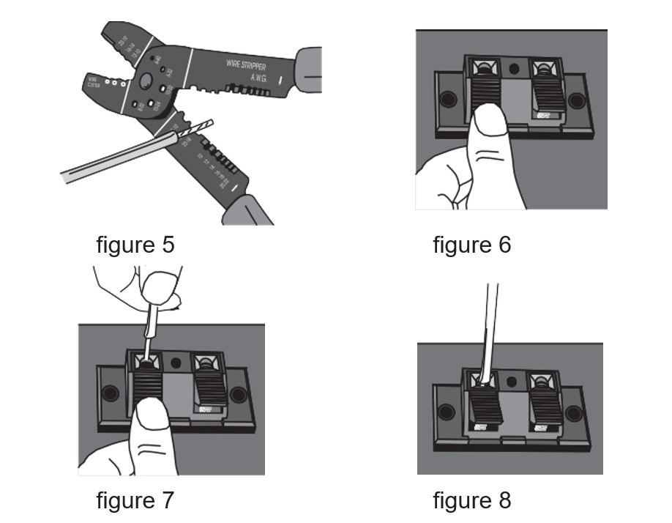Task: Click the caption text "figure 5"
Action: pos(135,244)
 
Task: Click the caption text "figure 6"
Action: pos(471,244)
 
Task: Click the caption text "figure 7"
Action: pos(135,500)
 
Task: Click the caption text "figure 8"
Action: pos(471,500)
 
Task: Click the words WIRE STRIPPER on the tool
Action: pos(250,66)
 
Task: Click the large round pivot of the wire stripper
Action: pos(147,81)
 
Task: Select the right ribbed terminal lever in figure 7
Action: pos(210,387)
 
